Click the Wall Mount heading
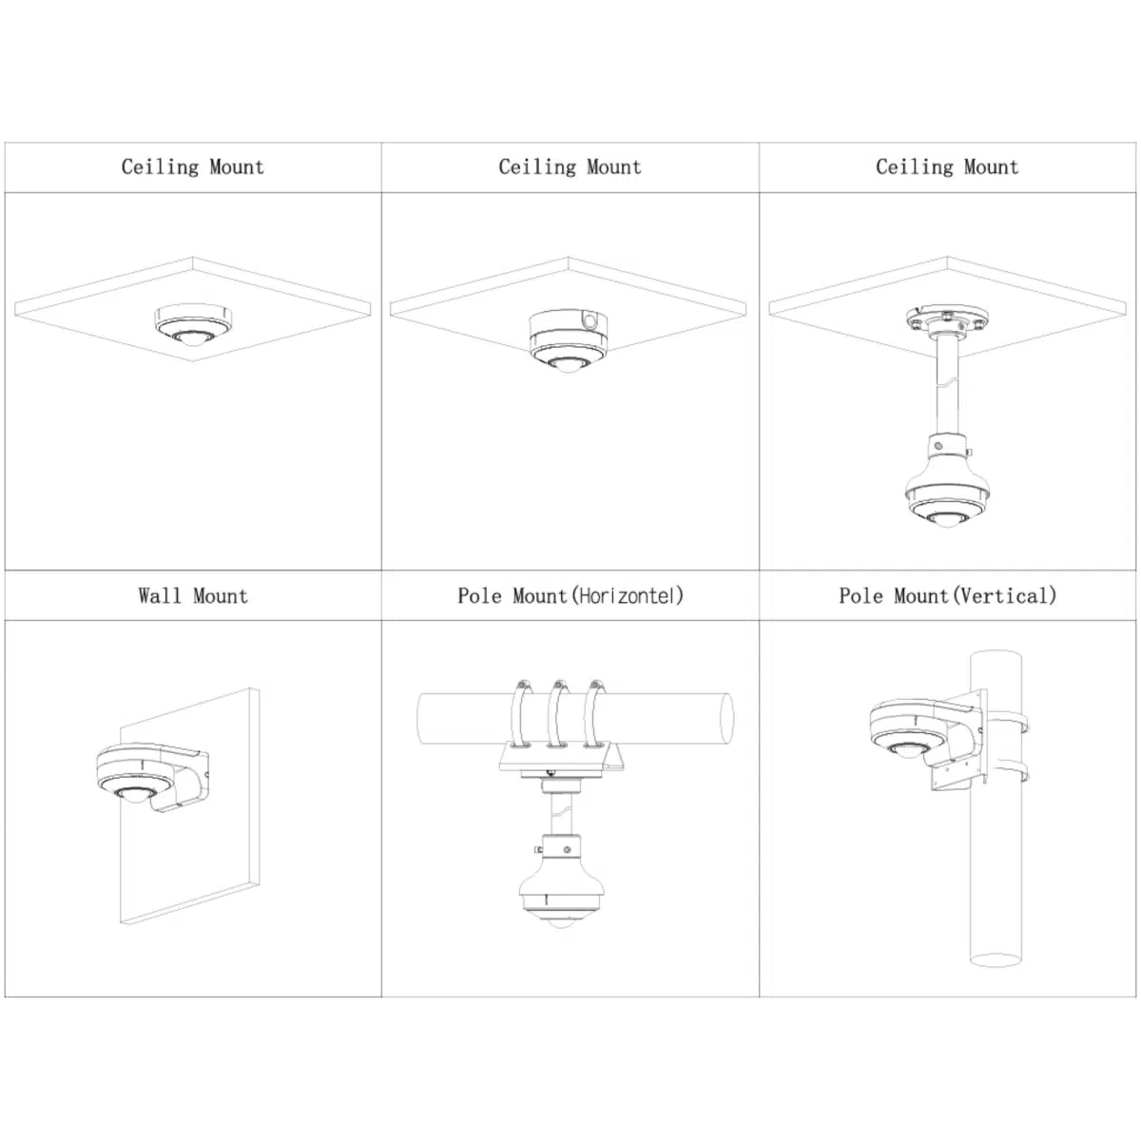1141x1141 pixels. coord(193,595)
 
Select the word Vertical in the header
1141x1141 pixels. coord(1005,595)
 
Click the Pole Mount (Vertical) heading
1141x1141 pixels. coord(947,595)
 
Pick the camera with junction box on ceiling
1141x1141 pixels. coord(569,340)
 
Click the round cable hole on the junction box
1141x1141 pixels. coord(590,321)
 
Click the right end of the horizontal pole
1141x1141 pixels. coord(726,718)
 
